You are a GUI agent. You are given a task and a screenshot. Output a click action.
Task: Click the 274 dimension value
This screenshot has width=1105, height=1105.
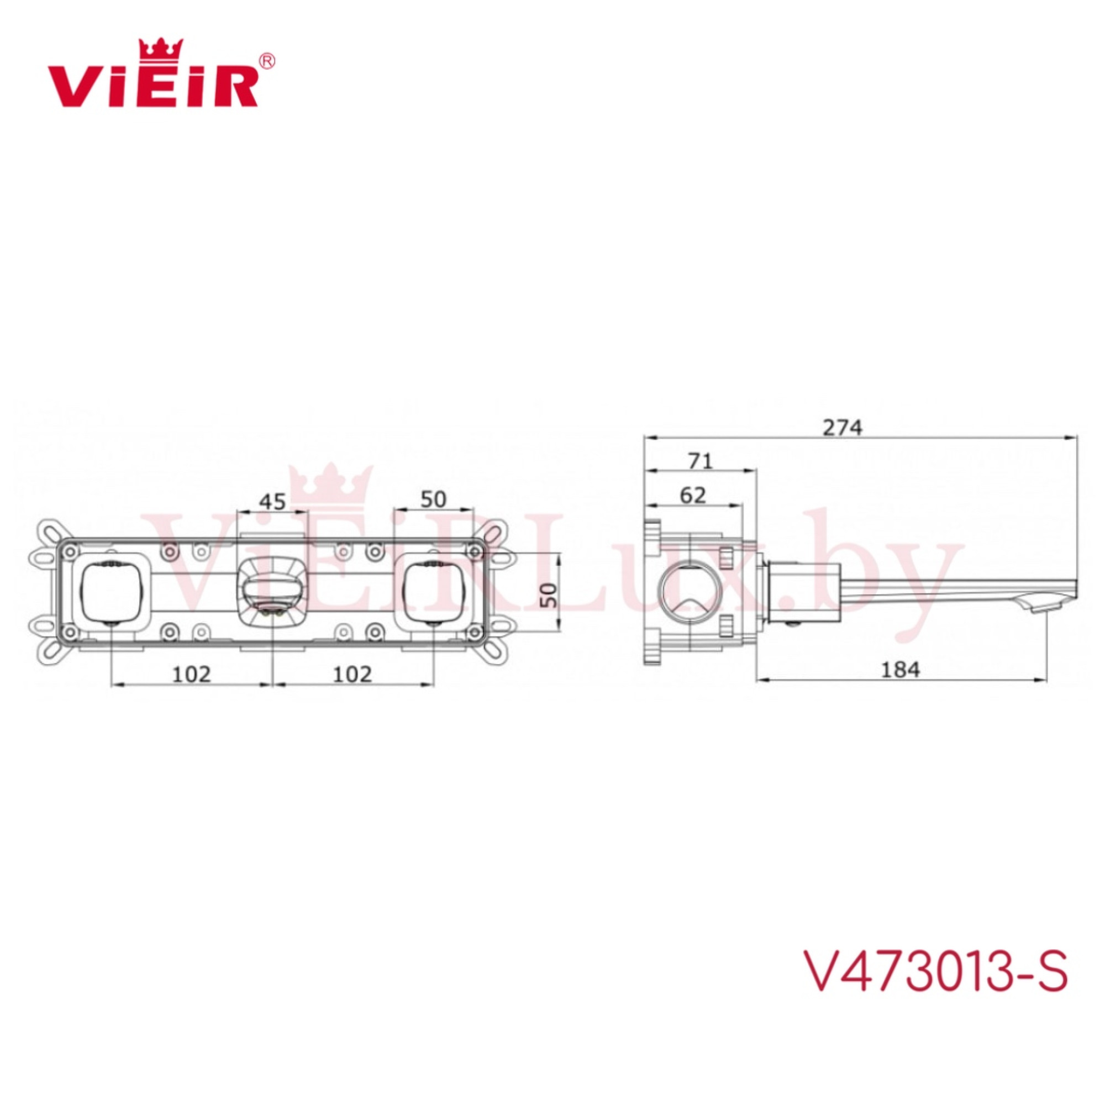(x=842, y=427)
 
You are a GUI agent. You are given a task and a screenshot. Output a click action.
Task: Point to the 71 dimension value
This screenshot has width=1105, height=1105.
(x=701, y=461)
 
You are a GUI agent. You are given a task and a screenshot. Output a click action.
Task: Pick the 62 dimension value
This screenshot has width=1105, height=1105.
(x=693, y=495)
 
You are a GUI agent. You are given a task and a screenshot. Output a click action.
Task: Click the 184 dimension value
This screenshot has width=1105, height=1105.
(x=900, y=669)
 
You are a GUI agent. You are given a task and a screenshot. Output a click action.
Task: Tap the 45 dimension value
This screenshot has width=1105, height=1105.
(x=272, y=502)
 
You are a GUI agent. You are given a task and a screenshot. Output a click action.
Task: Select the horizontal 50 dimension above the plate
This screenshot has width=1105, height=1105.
(x=433, y=499)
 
